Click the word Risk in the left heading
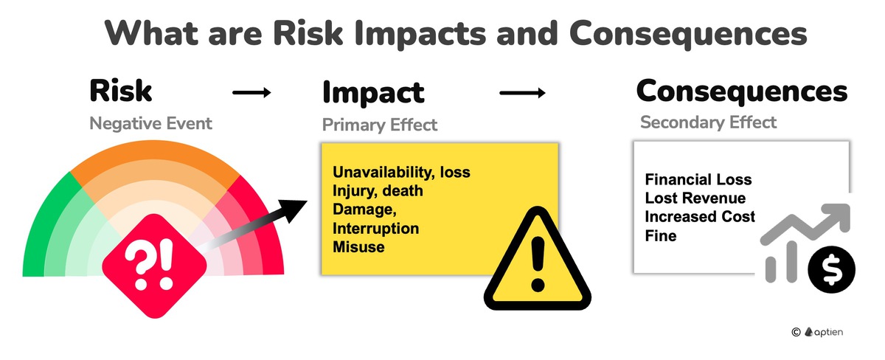pyautogui.click(x=120, y=91)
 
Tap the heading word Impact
pyautogui.click(x=373, y=93)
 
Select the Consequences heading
pyautogui.click(x=741, y=91)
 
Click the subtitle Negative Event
pyautogui.click(x=150, y=123)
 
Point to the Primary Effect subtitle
pyautogui.click(x=380, y=125)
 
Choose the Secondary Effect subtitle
pyautogui.click(x=708, y=122)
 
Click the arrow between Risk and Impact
pyautogui.click(x=252, y=93)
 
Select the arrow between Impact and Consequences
pyautogui.click(x=522, y=93)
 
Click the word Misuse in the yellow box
pyautogui.click(x=358, y=247)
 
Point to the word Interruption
pyautogui.click(x=375, y=229)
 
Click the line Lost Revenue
pyautogui.click(x=695, y=198)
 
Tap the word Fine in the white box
pyautogui.click(x=660, y=236)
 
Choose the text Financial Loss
pyautogui.click(x=698, y=180)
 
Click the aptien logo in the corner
pyautogui.click(x=823, y=333)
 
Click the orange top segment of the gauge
pyautogui.click(x=155, y=162)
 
